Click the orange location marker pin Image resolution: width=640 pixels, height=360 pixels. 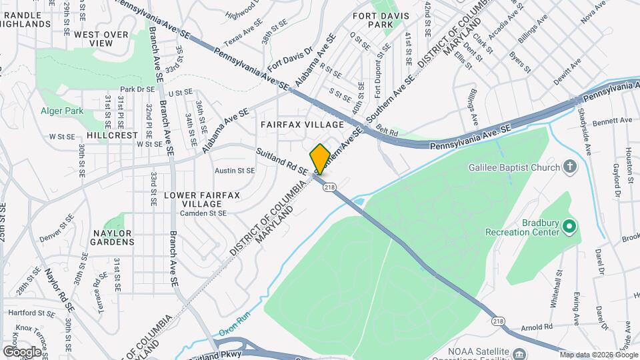point(319,159)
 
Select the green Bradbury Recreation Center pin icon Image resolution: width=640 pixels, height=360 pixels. point(569,227)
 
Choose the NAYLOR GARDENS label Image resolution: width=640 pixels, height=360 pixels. point(104,242)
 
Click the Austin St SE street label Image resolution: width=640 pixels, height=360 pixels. point(235,171)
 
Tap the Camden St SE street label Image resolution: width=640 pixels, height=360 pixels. point(203,213)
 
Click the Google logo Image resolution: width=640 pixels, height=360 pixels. point(23,351)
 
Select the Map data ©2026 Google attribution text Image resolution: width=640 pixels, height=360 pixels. point(598,354)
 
